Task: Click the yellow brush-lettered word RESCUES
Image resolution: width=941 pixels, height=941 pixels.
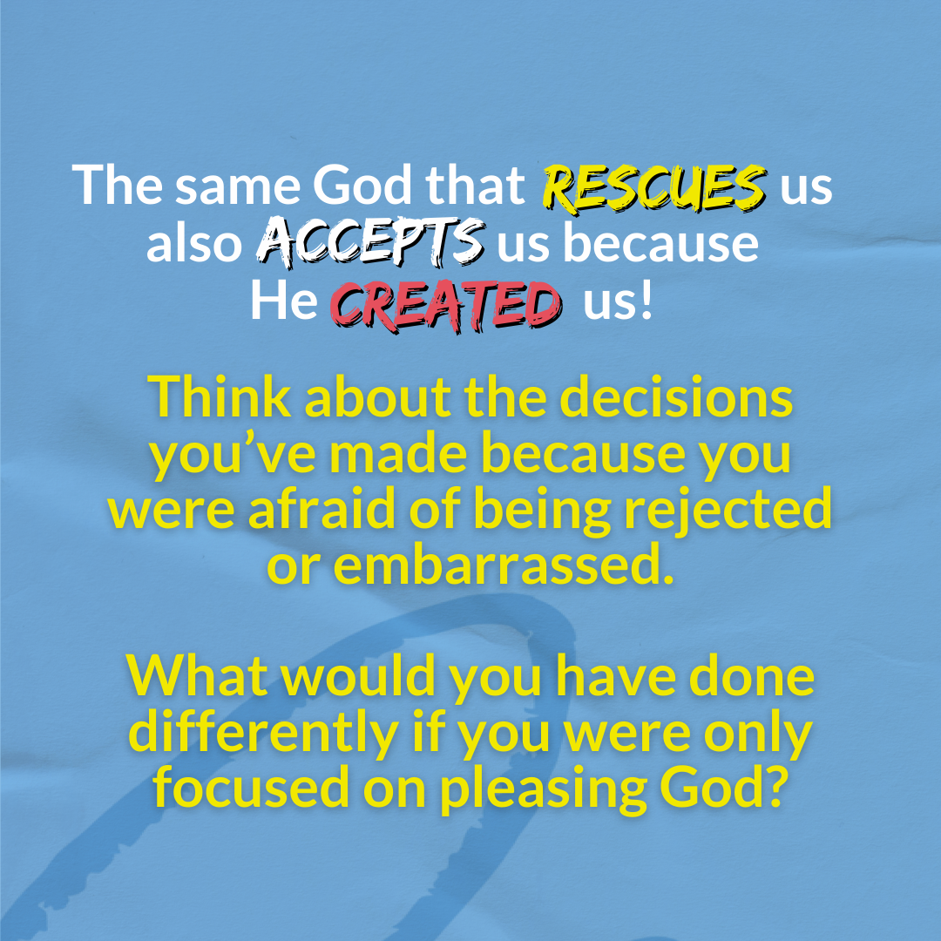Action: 654,188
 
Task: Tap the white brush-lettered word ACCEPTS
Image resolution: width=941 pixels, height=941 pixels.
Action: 371,242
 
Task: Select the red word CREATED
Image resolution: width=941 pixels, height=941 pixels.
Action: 446,305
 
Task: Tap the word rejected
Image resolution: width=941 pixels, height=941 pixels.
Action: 728,510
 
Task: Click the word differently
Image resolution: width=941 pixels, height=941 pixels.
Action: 264,734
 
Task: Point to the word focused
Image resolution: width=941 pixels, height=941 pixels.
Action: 252,787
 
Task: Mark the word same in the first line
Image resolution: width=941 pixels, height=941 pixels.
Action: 238,188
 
